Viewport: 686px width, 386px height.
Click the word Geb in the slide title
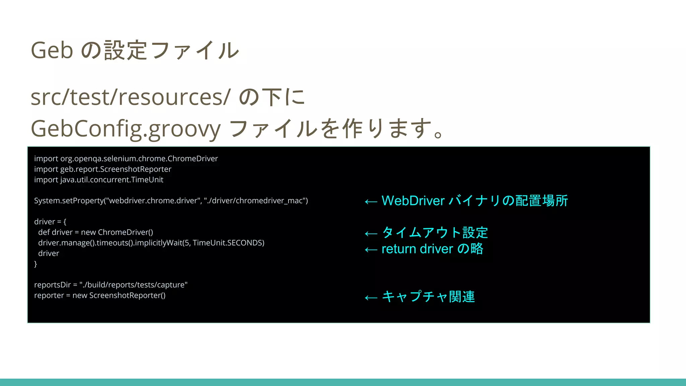point(52,51)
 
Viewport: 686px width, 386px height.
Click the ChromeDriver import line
point(126,158)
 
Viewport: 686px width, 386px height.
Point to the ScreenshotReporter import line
point(102,169)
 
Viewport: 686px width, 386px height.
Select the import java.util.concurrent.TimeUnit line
point(98,180)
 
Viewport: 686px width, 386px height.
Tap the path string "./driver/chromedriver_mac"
point(256,201)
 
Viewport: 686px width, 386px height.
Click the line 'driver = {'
point(50,222)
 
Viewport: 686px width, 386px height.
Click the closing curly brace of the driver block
point(36,264)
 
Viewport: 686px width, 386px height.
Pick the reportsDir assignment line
point(111,285)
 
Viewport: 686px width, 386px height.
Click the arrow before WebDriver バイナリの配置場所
point(371,201)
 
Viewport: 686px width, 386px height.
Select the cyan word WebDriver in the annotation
point(413,201)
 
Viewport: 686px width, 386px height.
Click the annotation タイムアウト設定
point(435,233)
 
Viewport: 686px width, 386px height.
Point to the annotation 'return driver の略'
point(432,249)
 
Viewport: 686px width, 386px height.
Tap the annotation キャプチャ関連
point(428,297)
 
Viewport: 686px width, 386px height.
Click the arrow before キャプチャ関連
point(371,298)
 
